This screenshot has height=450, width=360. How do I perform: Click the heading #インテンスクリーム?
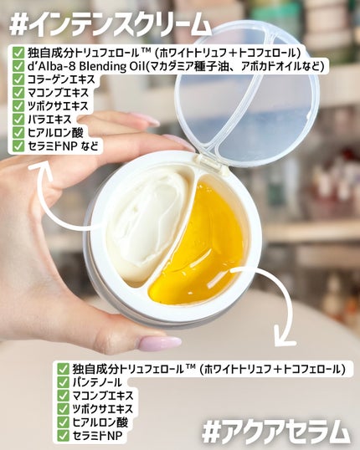point(110,24)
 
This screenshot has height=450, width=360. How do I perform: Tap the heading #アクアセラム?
point(276,432)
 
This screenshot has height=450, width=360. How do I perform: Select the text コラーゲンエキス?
point(61,79)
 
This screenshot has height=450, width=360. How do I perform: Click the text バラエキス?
point(49,120)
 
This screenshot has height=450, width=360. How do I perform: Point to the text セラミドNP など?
point(63,146)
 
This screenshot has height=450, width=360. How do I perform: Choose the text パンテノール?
point(97,382)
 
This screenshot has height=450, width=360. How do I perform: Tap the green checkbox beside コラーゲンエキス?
point(18,79)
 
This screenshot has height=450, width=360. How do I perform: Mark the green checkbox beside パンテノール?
point(63,382)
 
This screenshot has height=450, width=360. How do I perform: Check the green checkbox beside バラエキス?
point(18,120)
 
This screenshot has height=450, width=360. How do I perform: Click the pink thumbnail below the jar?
point(160,343)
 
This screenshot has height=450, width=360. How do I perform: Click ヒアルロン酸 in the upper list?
point(56,133)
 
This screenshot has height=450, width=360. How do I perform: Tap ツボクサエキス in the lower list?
point(103,409)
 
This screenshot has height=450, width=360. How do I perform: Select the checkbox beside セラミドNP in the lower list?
point(63,436)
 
